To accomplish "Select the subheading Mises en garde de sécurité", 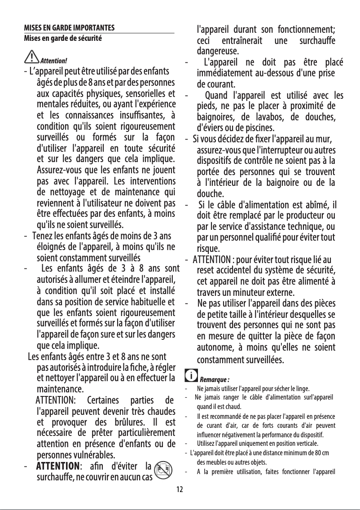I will click(63, 39).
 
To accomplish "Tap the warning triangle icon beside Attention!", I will click(32, 57).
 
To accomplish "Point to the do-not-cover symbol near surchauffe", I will click(166, 468).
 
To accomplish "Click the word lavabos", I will click(271, 117).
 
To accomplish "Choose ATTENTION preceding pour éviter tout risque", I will click(212, 259).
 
